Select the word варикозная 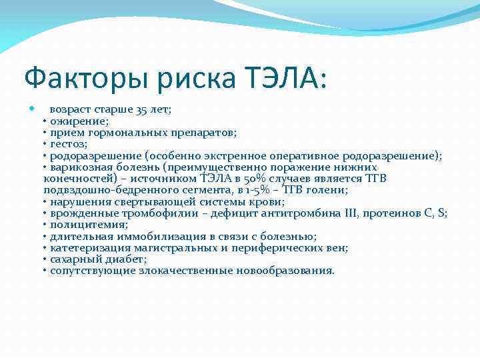(75, 167)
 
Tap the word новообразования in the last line (293, 271)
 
